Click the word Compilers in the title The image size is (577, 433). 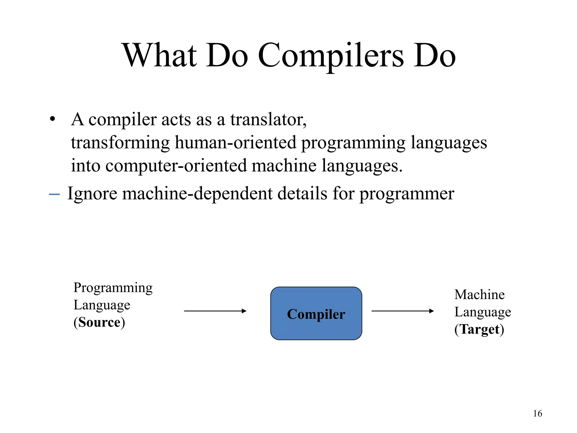331,56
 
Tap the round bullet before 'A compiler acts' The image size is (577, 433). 52,120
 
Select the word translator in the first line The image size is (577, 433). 268,120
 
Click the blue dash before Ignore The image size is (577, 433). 54,194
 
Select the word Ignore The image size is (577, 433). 92,194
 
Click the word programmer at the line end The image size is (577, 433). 407,194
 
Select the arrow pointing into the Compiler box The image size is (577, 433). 215,311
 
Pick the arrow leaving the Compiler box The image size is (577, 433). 403,311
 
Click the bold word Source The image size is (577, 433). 99,322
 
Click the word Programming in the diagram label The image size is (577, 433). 113,288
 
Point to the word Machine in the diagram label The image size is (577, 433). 479,295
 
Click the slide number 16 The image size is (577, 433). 538,414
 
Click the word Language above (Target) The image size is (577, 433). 483,312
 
